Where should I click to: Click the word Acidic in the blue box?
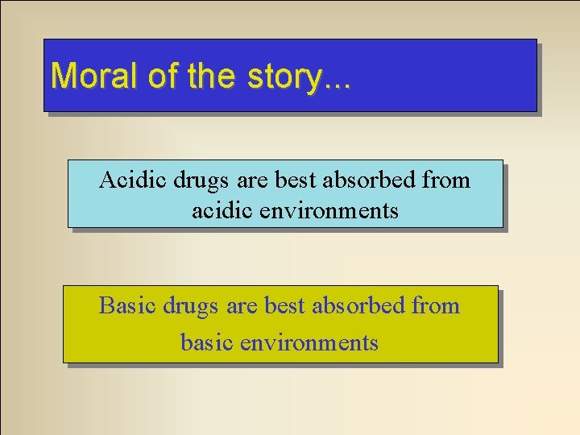coord(133,180)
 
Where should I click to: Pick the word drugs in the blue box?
coord(202,180)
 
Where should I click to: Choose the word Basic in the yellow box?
coord(128,306)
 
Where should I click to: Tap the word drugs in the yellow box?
coord(193,306)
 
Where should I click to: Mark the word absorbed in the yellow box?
coord(359,306)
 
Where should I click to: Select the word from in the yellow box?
coord(436,306)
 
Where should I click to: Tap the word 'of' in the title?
coord(161,77)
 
